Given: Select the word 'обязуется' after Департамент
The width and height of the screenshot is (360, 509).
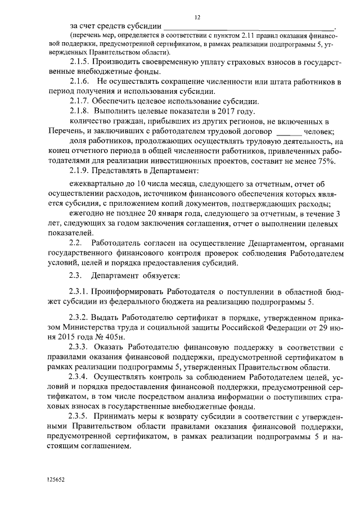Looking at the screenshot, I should pos(159,276).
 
